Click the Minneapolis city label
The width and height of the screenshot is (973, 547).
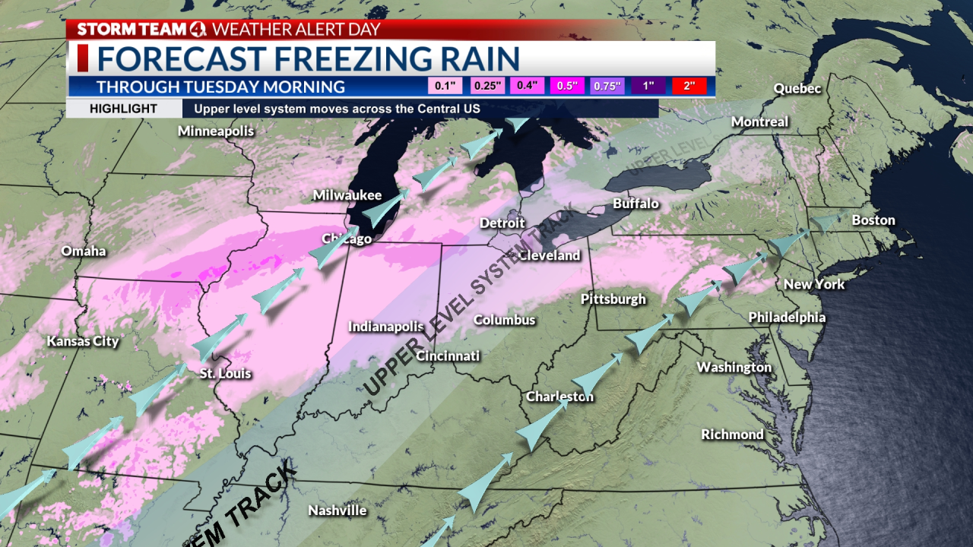point(216,131)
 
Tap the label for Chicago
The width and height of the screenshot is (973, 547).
point(347,239)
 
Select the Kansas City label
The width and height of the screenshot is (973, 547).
point(83,341)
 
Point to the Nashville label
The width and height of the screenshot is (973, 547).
point(338,511)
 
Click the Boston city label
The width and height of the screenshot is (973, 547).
point(873,220)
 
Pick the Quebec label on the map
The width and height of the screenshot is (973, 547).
point(797,89)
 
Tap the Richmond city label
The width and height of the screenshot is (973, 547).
point(732,435)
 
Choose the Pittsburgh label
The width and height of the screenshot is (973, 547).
point(613,299)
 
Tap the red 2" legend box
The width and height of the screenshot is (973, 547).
point(689,86)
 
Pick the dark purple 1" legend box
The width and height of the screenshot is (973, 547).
point(648,86)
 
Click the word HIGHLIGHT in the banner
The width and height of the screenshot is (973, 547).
point(123,109)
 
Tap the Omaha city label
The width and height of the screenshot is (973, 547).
point(84,251)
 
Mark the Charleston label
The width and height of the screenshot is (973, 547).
point(559,397)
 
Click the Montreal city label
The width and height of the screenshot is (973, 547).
point(759,122)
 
